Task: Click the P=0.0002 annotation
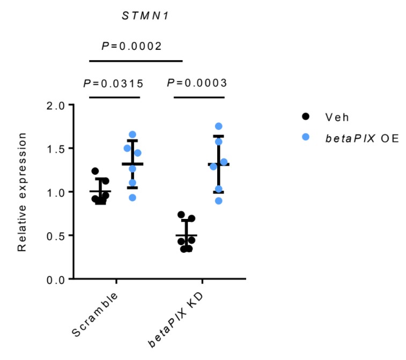(x=131, y=46)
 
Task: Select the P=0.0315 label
(x=113, y=83)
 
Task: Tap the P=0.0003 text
(x=197, y=83)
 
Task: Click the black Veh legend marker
(x=306, y=116)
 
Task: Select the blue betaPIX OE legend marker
(x=306, y=137)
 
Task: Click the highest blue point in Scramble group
(x=132, y=135)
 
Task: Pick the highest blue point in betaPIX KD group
(x=218, y=127)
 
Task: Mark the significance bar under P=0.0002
(x=136, y=61)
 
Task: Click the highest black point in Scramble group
(x=95, y=171)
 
